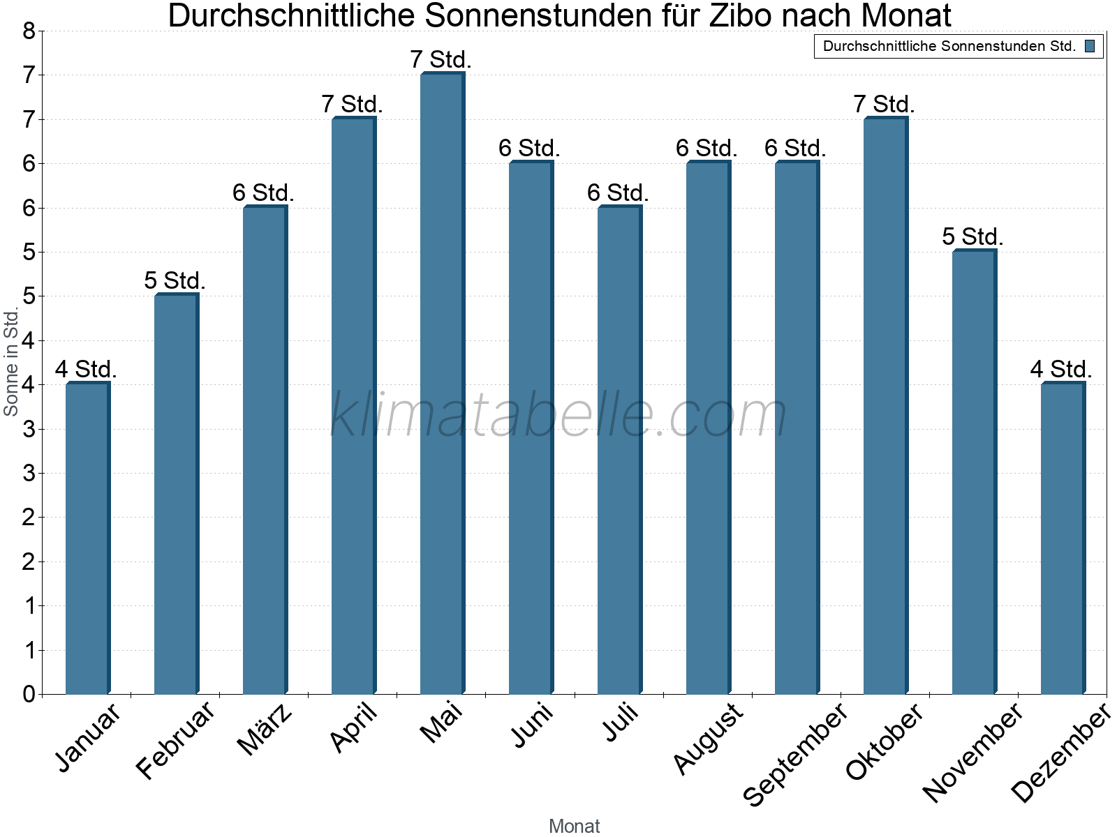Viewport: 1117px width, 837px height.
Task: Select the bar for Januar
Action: click(x=87, y=538)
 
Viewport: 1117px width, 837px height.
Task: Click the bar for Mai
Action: click(x=442, y=384)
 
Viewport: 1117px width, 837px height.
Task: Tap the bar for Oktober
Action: click(x=885, y=406)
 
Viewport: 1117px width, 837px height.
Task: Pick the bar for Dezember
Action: click(x=1063, y=538)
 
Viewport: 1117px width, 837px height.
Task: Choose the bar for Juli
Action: click(x=619, y=450)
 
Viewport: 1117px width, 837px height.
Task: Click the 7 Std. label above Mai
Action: click(x=441, y=60)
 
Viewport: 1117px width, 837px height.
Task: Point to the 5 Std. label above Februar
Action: click(x=175, y=281)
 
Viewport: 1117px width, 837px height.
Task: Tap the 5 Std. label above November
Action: click(x=972, y=237)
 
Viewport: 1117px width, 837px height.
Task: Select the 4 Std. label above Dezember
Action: click(x=1061, y=370)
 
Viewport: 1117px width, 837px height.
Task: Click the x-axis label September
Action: click(x=795, y=755)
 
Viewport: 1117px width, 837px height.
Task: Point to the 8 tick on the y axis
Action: click(x=29, y=31)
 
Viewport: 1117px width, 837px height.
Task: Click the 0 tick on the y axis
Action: click(x=29, y=694)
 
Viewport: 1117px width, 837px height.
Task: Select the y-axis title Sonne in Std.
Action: click(x=11, y=362)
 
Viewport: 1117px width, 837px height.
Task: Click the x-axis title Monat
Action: click(x=574, y=827)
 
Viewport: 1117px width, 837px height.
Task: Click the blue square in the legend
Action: click(x=1090, y=47)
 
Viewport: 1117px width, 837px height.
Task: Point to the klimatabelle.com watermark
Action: click(x=558, y=415)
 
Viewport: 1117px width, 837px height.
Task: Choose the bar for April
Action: click(x=353, y=406)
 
